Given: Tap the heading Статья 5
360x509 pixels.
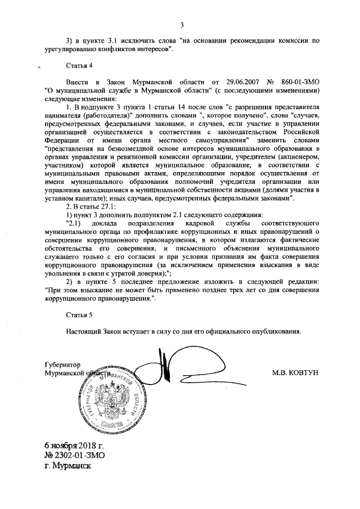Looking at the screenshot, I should pos(78,315).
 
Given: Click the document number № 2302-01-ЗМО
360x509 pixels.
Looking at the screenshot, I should pos(75,455).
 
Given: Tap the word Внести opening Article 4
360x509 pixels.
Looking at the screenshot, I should pos(78,82).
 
